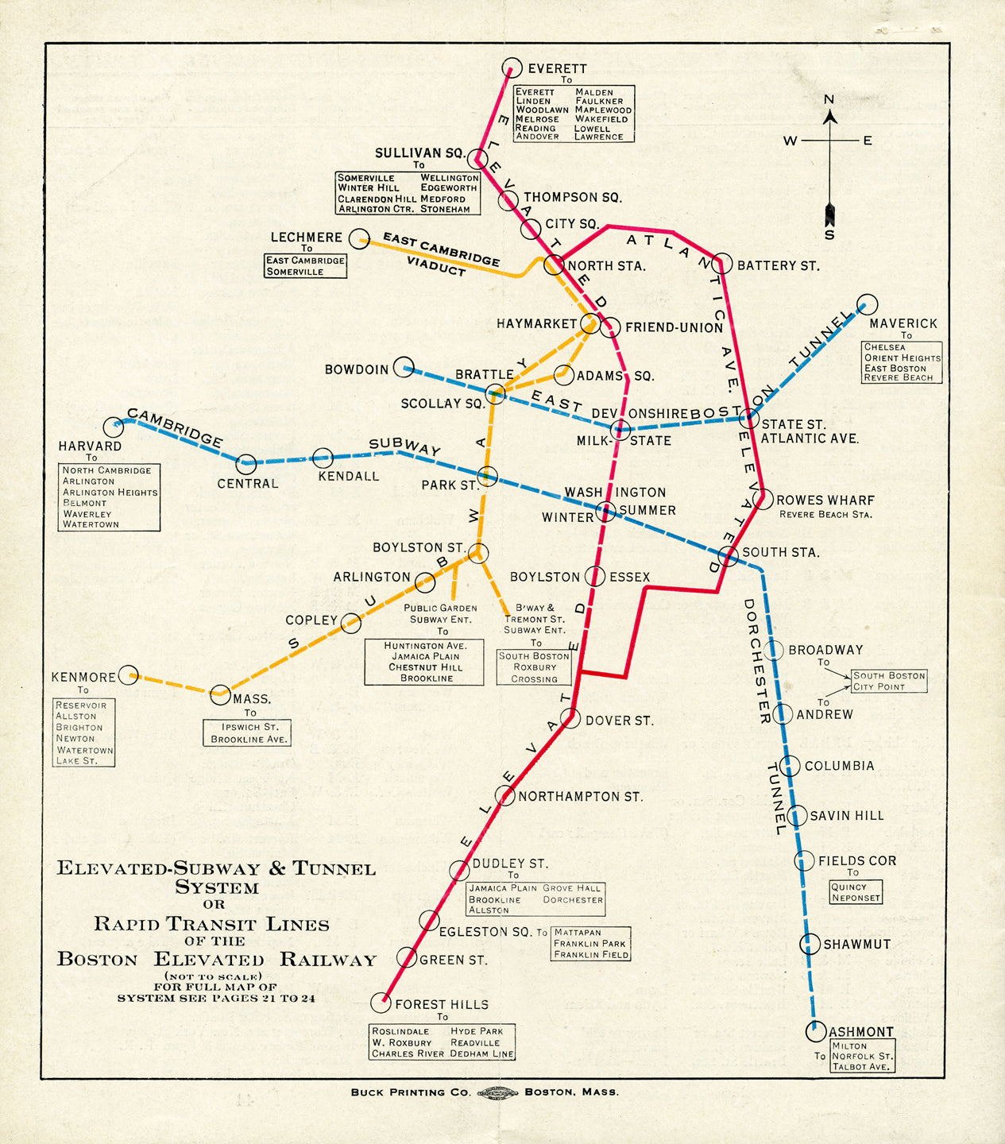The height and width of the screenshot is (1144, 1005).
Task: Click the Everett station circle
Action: [x=512, y=68]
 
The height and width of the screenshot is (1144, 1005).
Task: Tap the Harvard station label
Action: [x=90, y=446]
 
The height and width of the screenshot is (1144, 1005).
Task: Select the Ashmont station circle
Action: [x=816, y=1032]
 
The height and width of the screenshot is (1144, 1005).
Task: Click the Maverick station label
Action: [x=903, y=323]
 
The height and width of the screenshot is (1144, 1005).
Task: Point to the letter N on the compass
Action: [x=829, y=100]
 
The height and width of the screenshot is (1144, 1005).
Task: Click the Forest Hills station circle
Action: [x=381, y=1003]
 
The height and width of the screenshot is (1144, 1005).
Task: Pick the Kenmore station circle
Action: [x=129, y=675]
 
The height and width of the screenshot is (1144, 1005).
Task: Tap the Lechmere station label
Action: [x=306, y=238]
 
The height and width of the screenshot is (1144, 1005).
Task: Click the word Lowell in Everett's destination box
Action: [x=592, y=128]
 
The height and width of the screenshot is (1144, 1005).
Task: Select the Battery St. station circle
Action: [x=722, y=264]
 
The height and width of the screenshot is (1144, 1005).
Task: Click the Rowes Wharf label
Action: [x=825, y=500]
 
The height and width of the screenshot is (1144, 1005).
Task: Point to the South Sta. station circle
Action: [x=729, y=556]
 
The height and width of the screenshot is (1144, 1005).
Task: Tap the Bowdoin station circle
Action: [x=404, y=366]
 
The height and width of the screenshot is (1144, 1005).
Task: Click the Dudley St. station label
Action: [x=510, y=864]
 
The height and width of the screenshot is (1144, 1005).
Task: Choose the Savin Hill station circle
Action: [x=796, y=815]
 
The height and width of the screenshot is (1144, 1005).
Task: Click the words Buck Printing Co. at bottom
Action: [x=411, y=1092]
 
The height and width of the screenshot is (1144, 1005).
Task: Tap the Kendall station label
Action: [x=348, y=477]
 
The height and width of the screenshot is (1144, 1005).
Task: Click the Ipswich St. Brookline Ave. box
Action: [x=246, y=732]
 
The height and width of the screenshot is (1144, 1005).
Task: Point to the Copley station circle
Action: [x=350, y=623]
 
